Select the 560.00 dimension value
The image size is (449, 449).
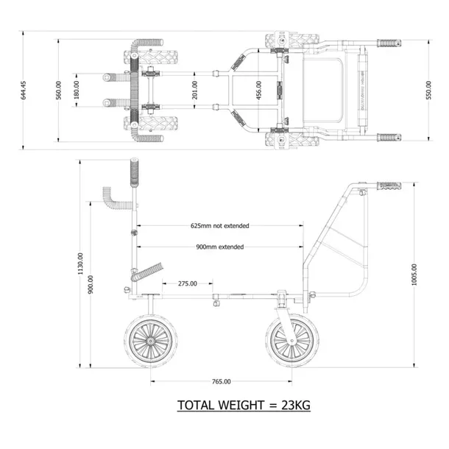59,89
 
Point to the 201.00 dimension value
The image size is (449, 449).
195,89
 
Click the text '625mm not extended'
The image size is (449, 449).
220,226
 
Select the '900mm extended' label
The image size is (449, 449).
220,247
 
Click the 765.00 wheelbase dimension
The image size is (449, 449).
220,381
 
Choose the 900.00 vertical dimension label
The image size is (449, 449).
91,285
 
